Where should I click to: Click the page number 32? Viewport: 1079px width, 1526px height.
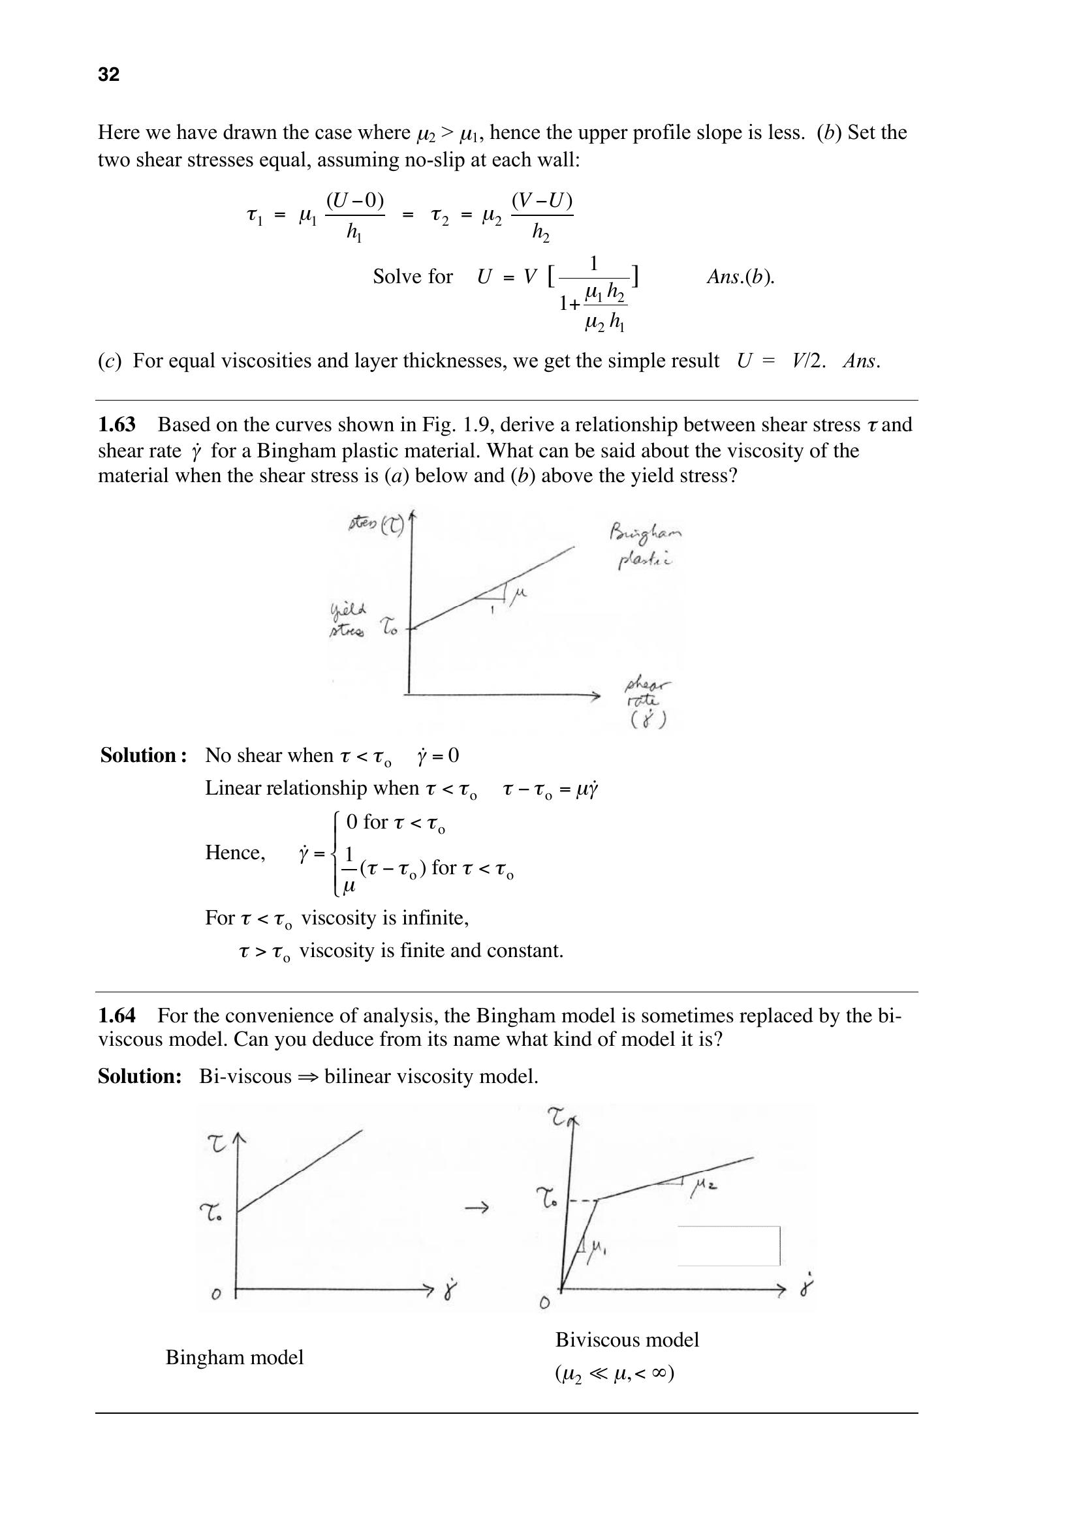click(x=108, y=74)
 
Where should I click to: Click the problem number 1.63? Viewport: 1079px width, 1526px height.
click(x=116, y=424)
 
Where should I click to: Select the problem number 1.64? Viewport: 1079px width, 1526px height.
click(x=116, y=1015)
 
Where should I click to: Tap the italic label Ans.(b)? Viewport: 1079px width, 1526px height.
click(x=740, y=277)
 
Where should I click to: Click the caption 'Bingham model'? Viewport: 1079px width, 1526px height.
click(x=234, y=1356)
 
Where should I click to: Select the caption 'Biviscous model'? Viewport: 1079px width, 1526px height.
click(x=627, y=1339)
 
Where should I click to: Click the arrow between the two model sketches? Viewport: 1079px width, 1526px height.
click(x=477, y=1208)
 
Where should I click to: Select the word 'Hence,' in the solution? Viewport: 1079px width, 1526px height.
click(x=236, y=852)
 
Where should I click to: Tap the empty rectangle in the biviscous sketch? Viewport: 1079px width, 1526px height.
click(x=728, y=1245)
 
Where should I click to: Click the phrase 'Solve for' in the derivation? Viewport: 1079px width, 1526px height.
click(x=412, y=277)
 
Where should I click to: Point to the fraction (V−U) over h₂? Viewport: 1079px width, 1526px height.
click(x=542, y=215)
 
